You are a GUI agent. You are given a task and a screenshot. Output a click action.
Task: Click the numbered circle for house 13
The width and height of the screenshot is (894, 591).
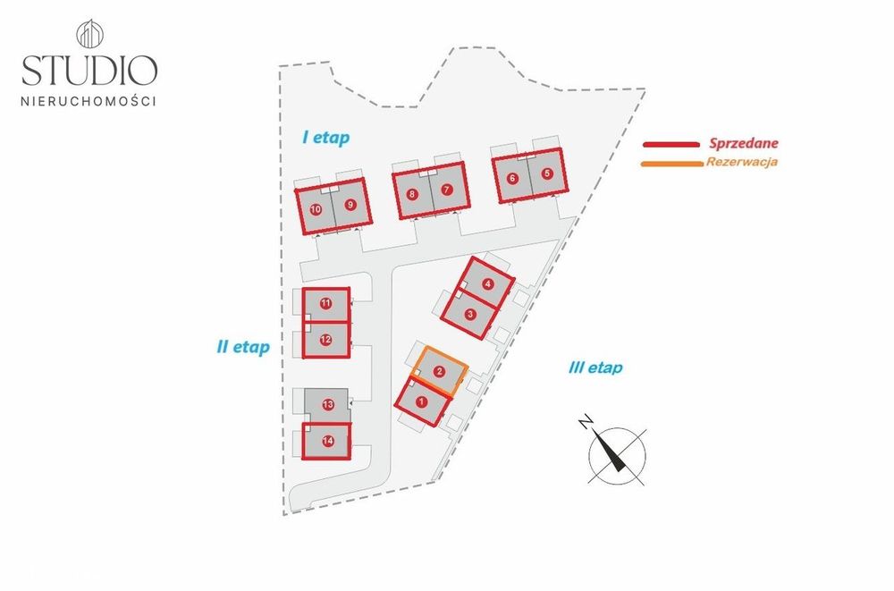(328, 405)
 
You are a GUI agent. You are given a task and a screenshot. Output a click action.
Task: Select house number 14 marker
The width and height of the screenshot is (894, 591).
(328, 441)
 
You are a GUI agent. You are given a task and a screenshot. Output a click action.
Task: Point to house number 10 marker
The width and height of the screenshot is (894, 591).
(316, 209)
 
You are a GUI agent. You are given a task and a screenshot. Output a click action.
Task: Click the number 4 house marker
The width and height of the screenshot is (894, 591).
(487, 283)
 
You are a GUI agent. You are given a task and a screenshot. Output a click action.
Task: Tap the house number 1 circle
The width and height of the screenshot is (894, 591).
(421, 402)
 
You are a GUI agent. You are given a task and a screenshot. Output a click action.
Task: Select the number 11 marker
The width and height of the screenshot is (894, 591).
(325, 303)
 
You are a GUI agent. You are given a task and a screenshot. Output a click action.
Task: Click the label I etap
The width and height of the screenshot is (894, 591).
(325, 138)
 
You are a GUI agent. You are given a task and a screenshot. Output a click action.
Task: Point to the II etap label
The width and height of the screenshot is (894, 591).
(243, 347)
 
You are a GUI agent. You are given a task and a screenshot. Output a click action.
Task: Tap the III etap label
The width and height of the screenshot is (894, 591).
(595, 367)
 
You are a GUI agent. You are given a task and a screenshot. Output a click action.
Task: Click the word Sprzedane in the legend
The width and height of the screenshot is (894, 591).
(744, 144)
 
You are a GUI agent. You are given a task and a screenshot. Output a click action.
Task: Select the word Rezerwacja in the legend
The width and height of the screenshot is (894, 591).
(742, 162)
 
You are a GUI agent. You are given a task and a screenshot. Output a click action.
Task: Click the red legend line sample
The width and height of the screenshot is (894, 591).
(671, 145)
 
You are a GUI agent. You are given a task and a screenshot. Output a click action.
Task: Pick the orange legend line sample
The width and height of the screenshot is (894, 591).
(671, 164)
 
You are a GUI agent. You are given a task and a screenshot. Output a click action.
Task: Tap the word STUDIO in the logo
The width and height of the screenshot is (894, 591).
(89, 70)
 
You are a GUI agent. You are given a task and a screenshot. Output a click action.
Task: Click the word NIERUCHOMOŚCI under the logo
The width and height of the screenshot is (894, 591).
(89, 102)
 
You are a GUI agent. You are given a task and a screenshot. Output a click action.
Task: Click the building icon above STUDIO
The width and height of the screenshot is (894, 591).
(89, 34)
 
